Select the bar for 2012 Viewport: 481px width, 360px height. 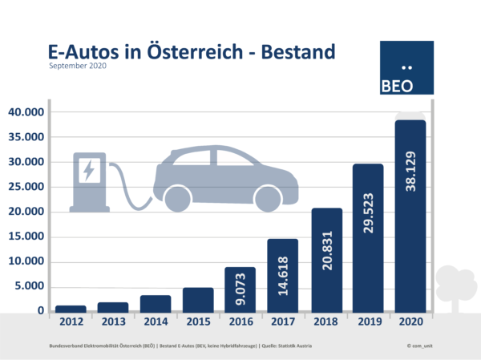[x=71, y=309]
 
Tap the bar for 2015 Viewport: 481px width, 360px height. [x=198, y=300]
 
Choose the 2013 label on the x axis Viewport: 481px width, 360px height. [x=113, y=322]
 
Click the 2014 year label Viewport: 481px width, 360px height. [x=156, y=322]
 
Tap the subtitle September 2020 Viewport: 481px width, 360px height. [x=78, y=67]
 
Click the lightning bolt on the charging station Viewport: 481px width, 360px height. [x=87, y=170]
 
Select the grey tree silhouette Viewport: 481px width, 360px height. [x=455, y=287]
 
